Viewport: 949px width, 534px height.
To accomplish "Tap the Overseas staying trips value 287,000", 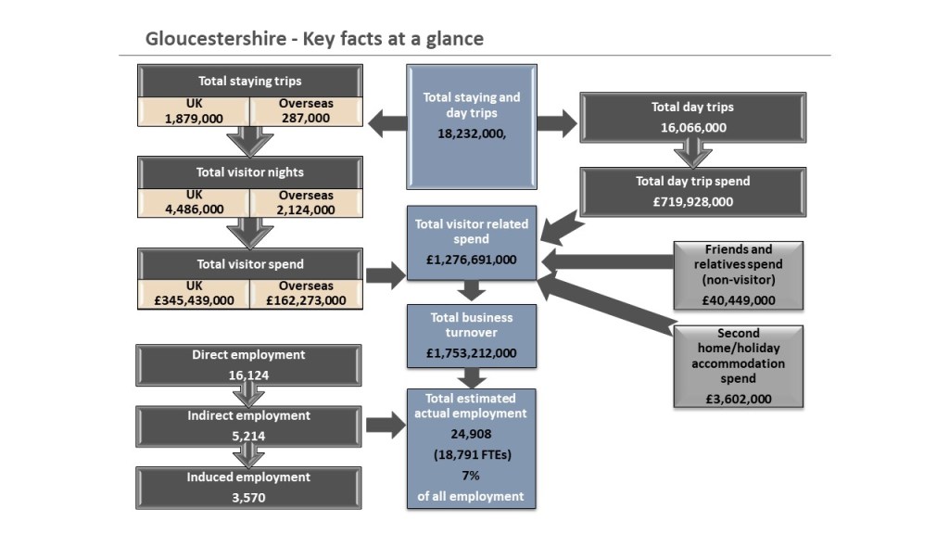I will pos(305,118).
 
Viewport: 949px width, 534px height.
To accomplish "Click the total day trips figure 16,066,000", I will pos(693,128).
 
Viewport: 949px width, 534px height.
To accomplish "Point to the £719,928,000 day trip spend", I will pos(692,202).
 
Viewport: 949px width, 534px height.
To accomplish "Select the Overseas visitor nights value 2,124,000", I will pos(305,209).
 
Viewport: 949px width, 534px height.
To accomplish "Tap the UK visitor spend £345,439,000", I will pos(194,300).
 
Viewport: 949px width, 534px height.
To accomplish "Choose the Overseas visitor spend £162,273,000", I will pos(305,300).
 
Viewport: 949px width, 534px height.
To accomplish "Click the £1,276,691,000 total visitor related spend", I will pos(472,260).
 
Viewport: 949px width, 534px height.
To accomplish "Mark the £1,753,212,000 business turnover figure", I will pos(472,353).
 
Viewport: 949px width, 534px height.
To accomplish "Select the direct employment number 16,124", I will pos(248,375).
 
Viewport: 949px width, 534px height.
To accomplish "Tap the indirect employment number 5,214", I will pos(248,437).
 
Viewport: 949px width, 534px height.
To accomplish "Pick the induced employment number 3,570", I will pos(248,498).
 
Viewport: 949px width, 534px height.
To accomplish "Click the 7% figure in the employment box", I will pos(471,476).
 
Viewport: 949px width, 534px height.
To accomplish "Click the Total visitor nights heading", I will pos(249,172).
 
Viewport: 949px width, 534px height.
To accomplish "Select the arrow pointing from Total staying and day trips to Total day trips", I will pos(556,121).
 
